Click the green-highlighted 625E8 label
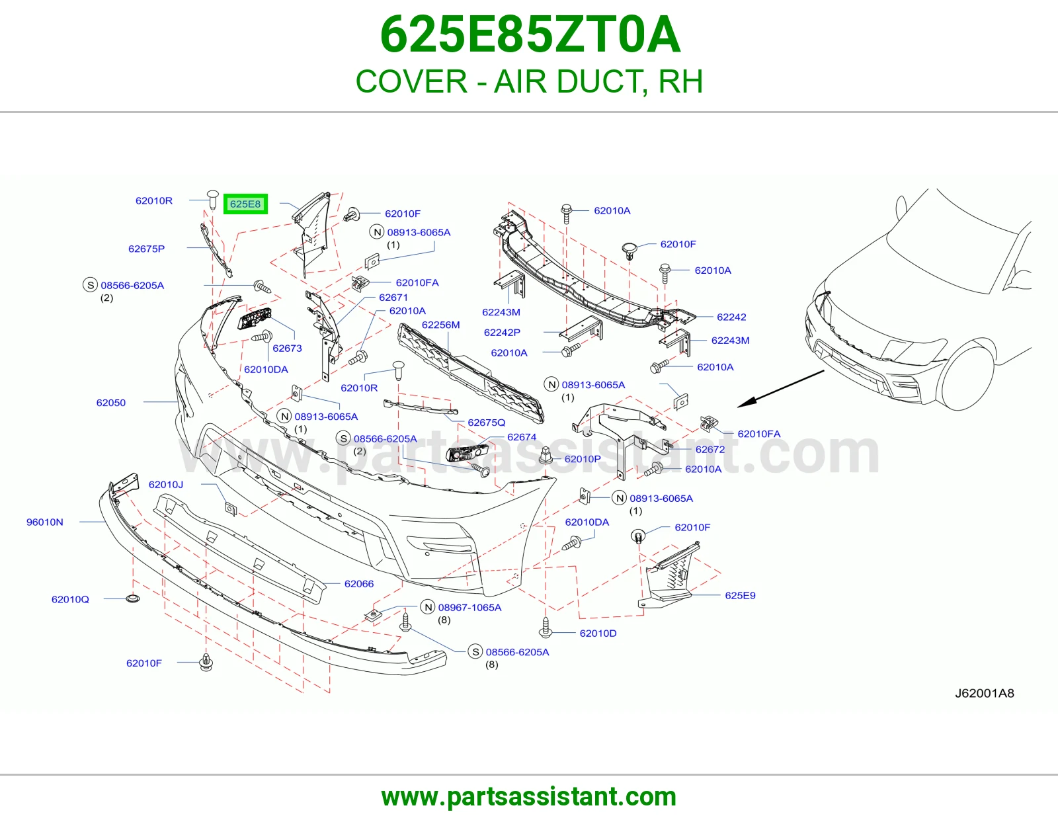click(x=245, y=204)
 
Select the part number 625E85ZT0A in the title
click(x=530, y=34)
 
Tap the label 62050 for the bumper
click(x=111, y=403)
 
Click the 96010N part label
click(x=45, y=522)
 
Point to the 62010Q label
click(x=71, y=599)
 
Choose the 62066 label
click(x=359, y=584)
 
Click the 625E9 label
click(x=740, y=596)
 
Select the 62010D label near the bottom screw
click(x=598, y=634)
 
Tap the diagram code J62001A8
click(x=985, y=694)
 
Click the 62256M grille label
click(x=440, y=325)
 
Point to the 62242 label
click(x=731, y=317)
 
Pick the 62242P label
click(x=502, y=333)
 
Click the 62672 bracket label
click(x=710, y=450)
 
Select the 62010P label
click(x=583, y=459)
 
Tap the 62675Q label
click(x=487, y=423)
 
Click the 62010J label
click(x=166, y=485)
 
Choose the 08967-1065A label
click(x=470, y=608)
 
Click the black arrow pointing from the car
click(x=781, y=389)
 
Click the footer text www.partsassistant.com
click(x=529, y=797)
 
